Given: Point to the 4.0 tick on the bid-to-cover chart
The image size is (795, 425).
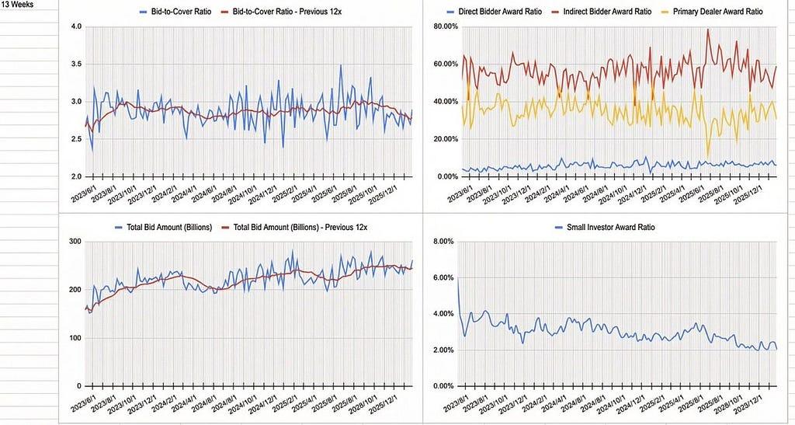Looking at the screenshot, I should click(x=76, y=27).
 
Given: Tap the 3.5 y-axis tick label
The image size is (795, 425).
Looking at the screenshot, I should click(x=76, y=64).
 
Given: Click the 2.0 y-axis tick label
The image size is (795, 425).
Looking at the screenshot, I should click(x=76, y=177).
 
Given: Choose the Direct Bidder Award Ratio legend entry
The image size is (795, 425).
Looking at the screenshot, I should click(x=501, y=12).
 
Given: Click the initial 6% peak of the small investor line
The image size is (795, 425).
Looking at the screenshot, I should click(x=458, y=278).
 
